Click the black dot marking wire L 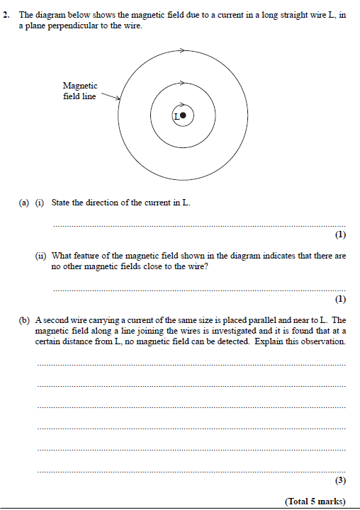pos(183,115)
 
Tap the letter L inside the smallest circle pos(176,115)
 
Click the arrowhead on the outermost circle pos(183,50)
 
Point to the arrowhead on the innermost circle pos(182,103)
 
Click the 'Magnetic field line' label pos(80,91)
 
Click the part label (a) pos(23,203)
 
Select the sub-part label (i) pos(40,203)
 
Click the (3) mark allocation pos(340,481)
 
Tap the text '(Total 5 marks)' pos(315,501)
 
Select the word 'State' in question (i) pos(62,203)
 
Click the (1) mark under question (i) pos(340,234)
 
